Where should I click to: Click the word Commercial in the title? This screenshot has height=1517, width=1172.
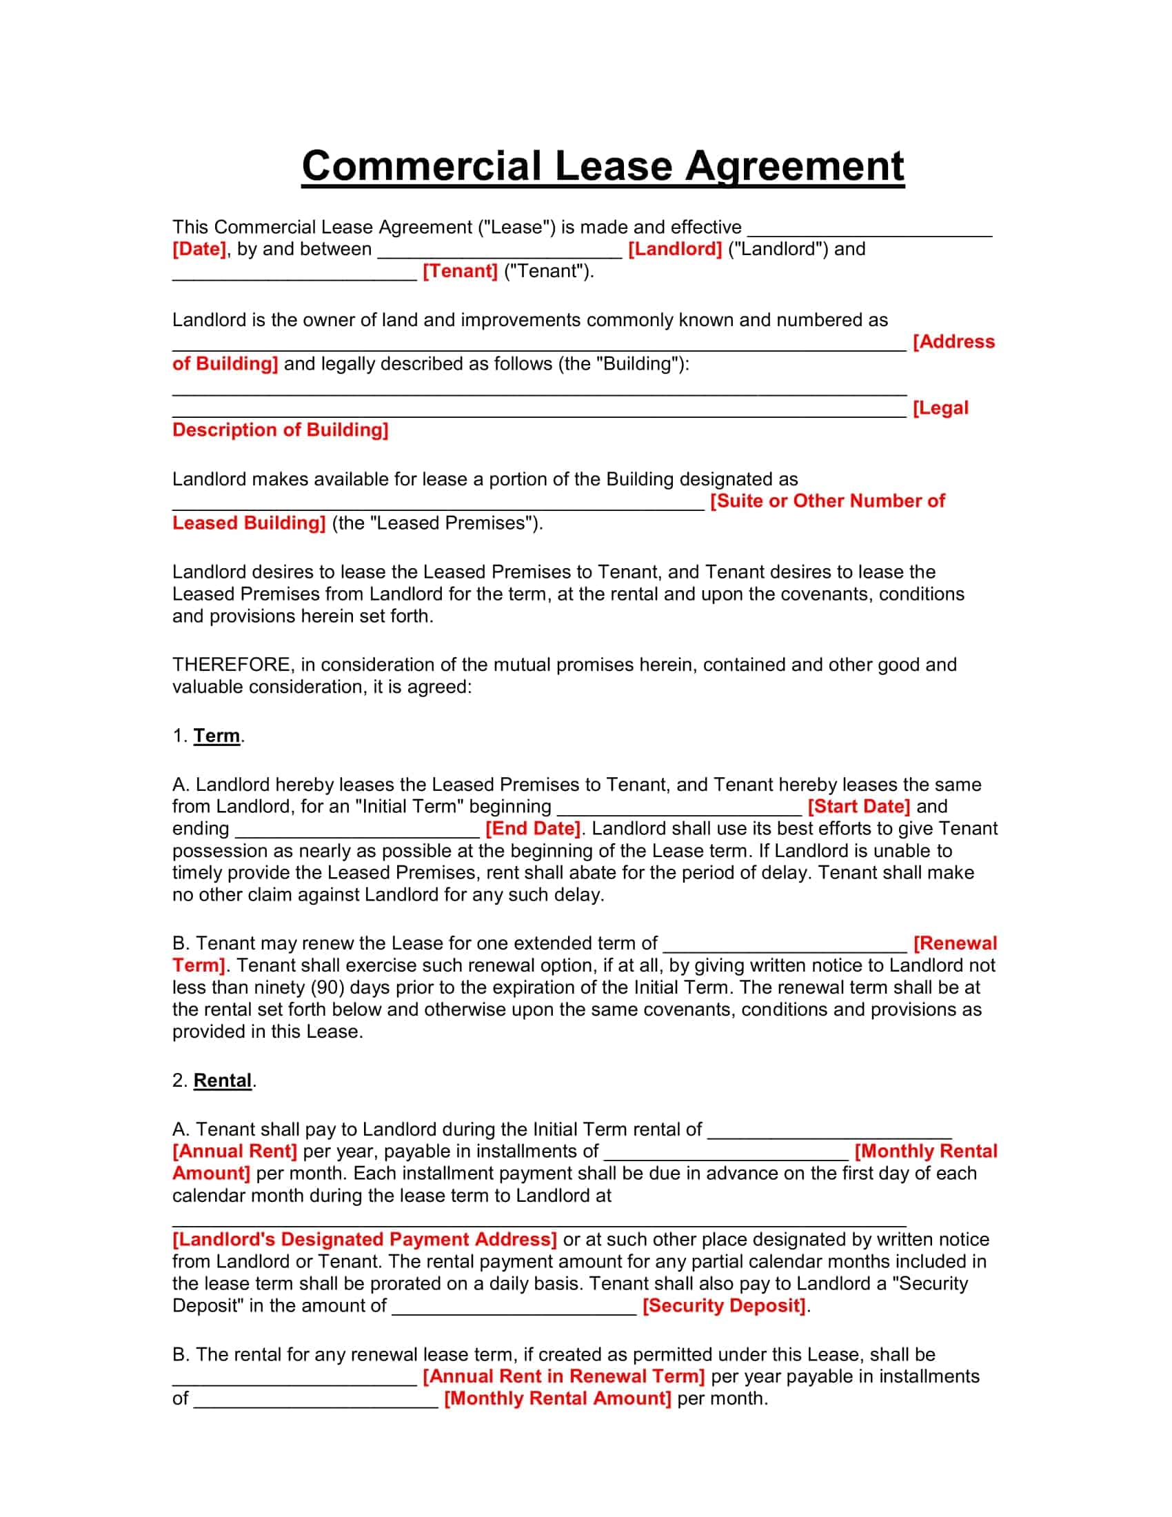(x=421, y=167)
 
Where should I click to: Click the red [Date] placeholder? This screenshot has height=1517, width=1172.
(x=199, y=250)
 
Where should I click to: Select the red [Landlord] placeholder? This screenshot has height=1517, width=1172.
(x=675, y=250)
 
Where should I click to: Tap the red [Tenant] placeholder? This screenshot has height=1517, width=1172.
(x=461, y=272)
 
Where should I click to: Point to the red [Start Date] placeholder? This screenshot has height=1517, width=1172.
(x=859, y=807)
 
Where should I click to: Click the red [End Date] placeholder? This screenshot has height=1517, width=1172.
(x=532, y=829)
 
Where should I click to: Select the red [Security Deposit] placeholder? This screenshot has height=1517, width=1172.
(x=724, y=1305)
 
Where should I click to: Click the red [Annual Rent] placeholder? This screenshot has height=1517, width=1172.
(x=234, y=1151)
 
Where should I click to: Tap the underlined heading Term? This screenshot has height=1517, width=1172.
(x=216, y=736)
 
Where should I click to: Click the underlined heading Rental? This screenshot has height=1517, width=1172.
(x=222, y=1080)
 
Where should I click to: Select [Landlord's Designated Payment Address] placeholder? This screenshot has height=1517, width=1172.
(x=365, y=1239)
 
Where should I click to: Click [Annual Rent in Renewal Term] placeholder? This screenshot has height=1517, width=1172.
(x=564, y=1376)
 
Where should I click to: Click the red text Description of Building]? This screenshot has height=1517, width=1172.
(x=281, y=430)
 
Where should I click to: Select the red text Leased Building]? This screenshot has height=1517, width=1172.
(x=249, y=523)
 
